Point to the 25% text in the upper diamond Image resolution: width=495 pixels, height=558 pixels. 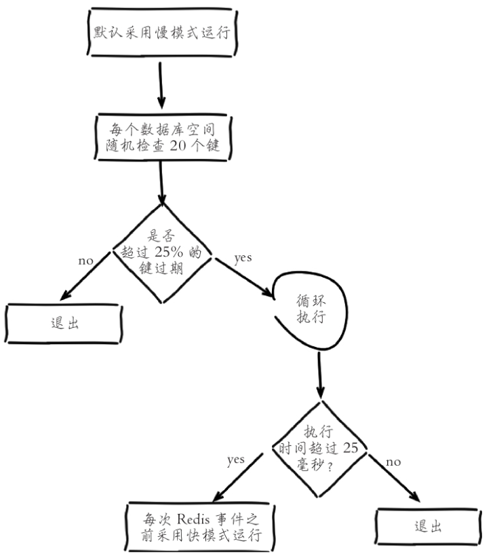169,252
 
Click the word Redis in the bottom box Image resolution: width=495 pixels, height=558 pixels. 193,519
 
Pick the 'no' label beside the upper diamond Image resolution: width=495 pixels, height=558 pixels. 85,261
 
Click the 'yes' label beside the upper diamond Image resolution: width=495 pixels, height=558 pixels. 243,258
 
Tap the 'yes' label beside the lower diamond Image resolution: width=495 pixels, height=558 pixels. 236,460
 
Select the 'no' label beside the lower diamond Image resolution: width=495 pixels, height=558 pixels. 393,462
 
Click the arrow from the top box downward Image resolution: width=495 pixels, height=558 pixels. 161,86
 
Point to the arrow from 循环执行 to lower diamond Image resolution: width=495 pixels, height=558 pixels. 320,375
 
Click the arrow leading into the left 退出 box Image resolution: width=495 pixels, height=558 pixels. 85,276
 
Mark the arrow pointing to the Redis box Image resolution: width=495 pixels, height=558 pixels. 238,477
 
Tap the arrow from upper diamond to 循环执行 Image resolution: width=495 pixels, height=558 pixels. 245,278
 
